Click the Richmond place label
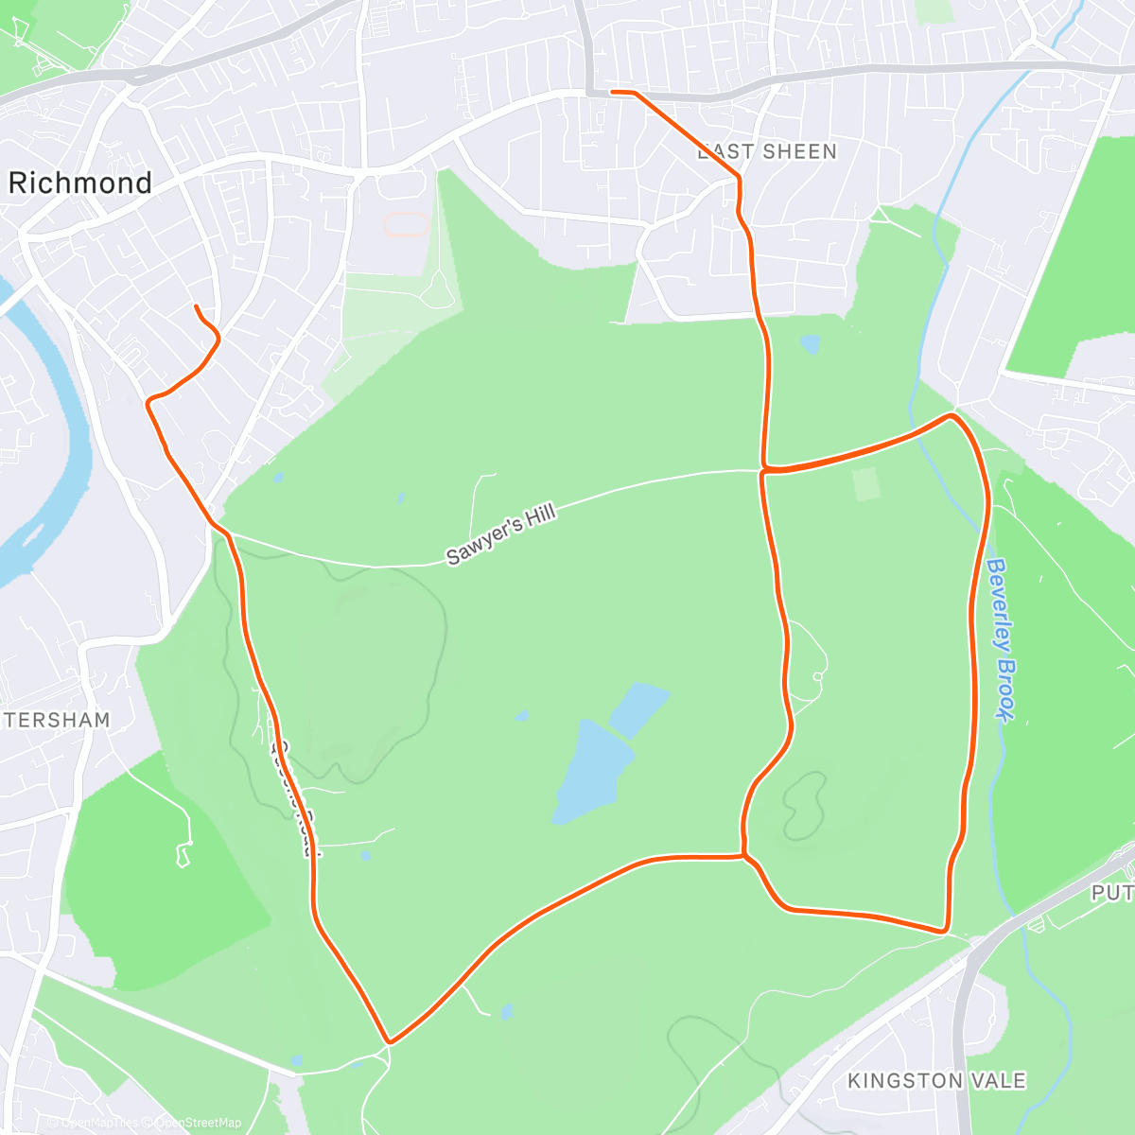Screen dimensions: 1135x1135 80,183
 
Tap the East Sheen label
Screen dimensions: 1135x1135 767,152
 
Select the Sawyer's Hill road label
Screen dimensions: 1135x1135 501,534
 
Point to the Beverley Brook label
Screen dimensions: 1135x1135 1002,639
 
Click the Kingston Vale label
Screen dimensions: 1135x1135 936,1081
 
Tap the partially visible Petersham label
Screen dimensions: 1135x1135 57,721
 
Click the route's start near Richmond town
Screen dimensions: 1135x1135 196,306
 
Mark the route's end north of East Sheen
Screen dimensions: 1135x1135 613,92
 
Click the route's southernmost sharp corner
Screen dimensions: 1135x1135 389,1042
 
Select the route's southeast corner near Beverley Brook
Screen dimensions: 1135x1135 944,931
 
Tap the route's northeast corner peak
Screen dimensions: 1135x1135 952,415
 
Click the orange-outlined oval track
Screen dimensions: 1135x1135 406,225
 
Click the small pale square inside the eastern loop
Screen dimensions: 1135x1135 865,484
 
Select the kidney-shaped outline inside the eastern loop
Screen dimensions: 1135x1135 803,805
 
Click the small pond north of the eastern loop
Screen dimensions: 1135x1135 810,344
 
